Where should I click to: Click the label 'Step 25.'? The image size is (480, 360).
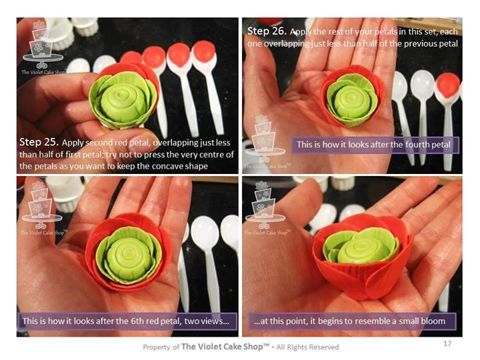click(x=39, y=142)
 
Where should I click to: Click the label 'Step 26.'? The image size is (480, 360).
click(x=267, y=31)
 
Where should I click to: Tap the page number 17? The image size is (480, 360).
click(x=447, y=343)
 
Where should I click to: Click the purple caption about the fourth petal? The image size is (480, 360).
click(x=375, y=145)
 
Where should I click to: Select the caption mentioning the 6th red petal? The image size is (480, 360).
click(x=127, y=321)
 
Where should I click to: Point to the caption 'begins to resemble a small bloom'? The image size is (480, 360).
click(x=352, y=321)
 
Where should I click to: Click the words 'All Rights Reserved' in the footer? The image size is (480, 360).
click(x=307, y=347)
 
